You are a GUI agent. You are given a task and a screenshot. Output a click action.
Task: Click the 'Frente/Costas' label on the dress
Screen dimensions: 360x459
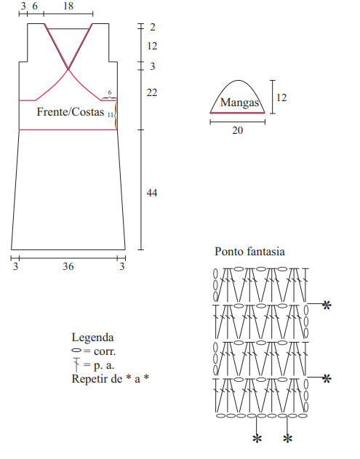pyautogui.click(x=71, y=112)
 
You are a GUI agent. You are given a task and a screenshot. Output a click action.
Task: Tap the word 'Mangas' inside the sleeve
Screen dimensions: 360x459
pyautogui.click(x=239, y=103)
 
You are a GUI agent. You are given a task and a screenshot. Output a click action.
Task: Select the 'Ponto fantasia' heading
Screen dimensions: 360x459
pyautogui.click(x=249, y=252)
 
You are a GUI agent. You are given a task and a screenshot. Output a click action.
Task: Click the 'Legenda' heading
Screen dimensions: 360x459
pyautogui.click(x=92, y=338)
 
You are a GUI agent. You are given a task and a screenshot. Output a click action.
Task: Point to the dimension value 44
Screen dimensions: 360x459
pyautogui.click(x=152, y=193)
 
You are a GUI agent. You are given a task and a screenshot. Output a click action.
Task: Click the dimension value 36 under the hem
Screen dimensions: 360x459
pyautogui.click(x=68, y=266)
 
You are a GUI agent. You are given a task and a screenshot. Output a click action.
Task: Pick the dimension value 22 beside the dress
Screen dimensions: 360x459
pyautogui.click(x=152, y=93)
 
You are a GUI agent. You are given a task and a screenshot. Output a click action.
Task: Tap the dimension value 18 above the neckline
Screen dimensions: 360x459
pyautogui.click(x=68, y=6)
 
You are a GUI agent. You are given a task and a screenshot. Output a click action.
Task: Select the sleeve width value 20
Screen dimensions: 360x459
pyautogui.click(x=238, y=130)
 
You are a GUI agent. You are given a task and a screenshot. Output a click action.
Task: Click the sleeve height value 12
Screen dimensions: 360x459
pyautogui.click(x=281, y=97)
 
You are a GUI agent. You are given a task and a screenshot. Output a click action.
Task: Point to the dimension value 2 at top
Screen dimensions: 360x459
pyautogui.click(x=153, y=27)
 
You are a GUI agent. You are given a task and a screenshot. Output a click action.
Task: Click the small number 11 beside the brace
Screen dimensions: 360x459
pyautogui.click(x=111, y=115)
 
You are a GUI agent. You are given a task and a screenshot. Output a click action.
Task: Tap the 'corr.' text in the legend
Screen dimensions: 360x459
pyautogui.click(x=105, y=351)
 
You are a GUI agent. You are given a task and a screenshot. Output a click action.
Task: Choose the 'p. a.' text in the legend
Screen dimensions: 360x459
pyautogui.click(x=104, y=365)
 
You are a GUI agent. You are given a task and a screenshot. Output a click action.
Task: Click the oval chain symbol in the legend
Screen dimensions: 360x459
pyautogui.click(x=76, y=351)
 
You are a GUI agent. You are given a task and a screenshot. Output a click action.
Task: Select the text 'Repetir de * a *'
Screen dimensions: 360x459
pyautogui.click(x=111, y=379)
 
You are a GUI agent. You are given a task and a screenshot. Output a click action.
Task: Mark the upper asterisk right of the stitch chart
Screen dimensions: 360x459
pyautogui.click(x=327, y=306)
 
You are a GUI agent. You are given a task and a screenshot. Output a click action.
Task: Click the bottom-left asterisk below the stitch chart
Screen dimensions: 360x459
pyautogui.click(x=257, y=439)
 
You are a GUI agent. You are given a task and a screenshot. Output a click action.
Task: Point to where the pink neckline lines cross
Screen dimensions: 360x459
pyautogui.click(x=68, y=69)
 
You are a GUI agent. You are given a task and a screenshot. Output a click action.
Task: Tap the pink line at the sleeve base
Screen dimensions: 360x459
pyautogui.click(x=237, y=113)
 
